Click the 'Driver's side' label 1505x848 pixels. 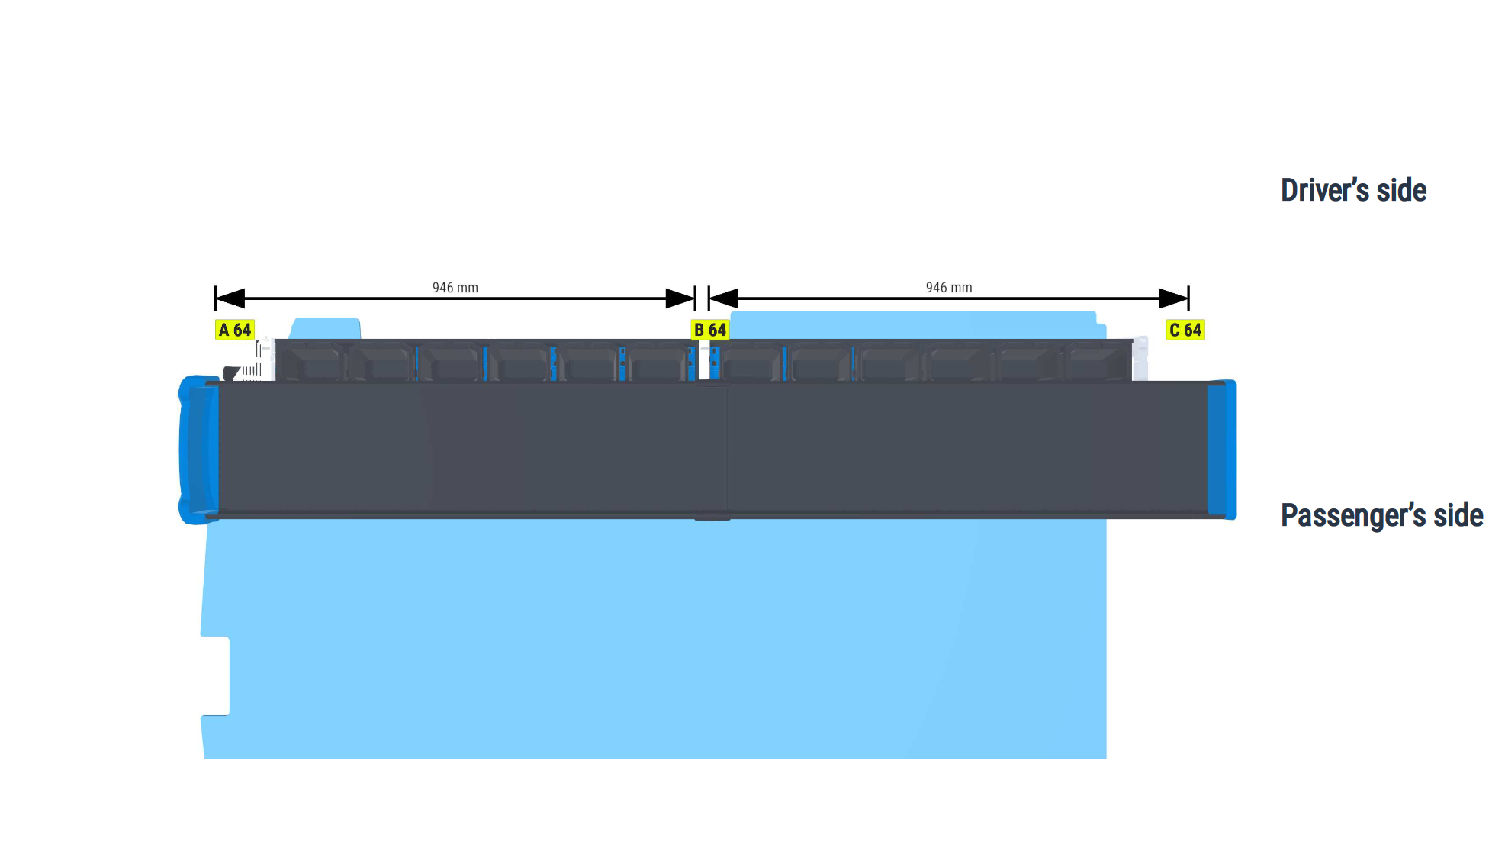pyautogui.click(x=1353, y=190)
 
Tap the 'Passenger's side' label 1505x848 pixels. pyautogui.click(x=1381, y=515)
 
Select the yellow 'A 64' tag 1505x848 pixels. pyautogui.click(x=234, y=330)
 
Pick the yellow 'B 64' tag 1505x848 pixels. pyautogui.click(x=709, y=330)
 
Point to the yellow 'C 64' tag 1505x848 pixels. pyautogui.click(x=1185, y=330)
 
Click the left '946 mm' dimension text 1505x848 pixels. pyautogui.click(x=455, y=288)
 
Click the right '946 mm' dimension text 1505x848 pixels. pyautogui.click(x=949, y=288)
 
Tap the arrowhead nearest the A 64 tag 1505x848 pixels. pyautogui.click(x=230, y=298)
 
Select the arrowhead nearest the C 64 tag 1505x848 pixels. pyautogui.click(x=1174, y=298)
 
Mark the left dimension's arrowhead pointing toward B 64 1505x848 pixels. pyautogui.click(x=680, y=298)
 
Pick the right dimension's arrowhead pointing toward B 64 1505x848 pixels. pyautogui.click(x=723, y=298)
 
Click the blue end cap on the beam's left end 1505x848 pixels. pyautogui.click(x=198, y=450)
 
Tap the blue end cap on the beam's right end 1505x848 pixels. pyautogui.click(x=1222, y=450)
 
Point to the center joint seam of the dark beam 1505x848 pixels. pyautogui.click(x=712, y=450)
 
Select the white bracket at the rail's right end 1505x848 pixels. pyautogui.click(x=1140, y=358)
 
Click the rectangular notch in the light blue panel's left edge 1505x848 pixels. pyautogui.click(x=216, y=676)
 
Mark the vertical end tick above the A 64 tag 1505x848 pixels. pyautogui.click(x=215, y=298)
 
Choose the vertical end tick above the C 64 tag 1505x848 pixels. pyautogui.click(x=1188, y=298)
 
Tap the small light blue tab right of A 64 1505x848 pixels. pyautogui.click(x=326, y=328)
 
